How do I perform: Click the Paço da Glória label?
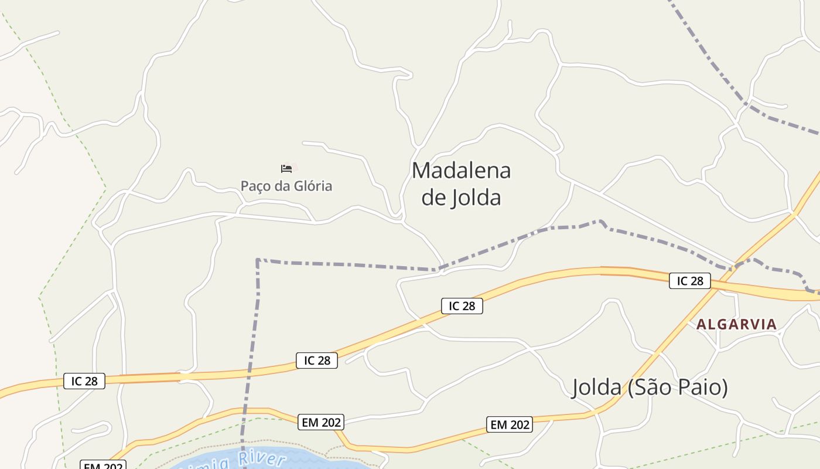point(286,186)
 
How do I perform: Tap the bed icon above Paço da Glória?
point(286,169)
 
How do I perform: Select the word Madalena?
point(461,171)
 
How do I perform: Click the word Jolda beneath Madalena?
point(477,198)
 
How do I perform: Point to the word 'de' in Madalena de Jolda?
point(434,198)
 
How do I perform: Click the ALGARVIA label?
point(736,324)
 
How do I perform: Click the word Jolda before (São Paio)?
point(596,388)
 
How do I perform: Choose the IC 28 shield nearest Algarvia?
point(689,281)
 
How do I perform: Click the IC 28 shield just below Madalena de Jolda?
point(462,305)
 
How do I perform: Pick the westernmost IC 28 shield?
point(84,381)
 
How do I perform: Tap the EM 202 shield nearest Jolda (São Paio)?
point(509,424)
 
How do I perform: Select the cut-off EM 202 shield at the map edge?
point(103,465)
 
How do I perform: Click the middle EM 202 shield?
point(320,422)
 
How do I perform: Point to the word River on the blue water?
point(262,459)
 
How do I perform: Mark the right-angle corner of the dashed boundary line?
point(258,260)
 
